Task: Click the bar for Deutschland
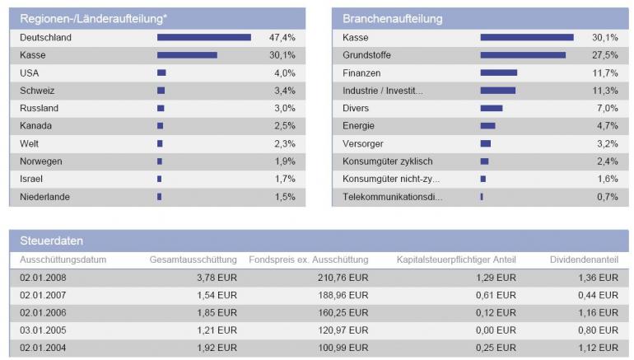pos(204,37)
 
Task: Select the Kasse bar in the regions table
pos(187,55)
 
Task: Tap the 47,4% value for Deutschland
pos(282,38)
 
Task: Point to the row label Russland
pos(39,108)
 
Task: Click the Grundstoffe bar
pos(523,55)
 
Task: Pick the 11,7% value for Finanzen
pos(605,72)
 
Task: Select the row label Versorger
pos(363,143)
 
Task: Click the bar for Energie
pos(487,126)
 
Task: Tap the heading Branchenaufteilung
pos(393,18)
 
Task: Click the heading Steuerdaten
pos(51,241)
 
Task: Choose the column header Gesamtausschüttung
pos(193,259)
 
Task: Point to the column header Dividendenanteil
pos(584,259)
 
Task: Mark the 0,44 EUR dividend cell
pos(597,295)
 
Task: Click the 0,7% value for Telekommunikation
pos(607,197)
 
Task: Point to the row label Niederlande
pos(44,197)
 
